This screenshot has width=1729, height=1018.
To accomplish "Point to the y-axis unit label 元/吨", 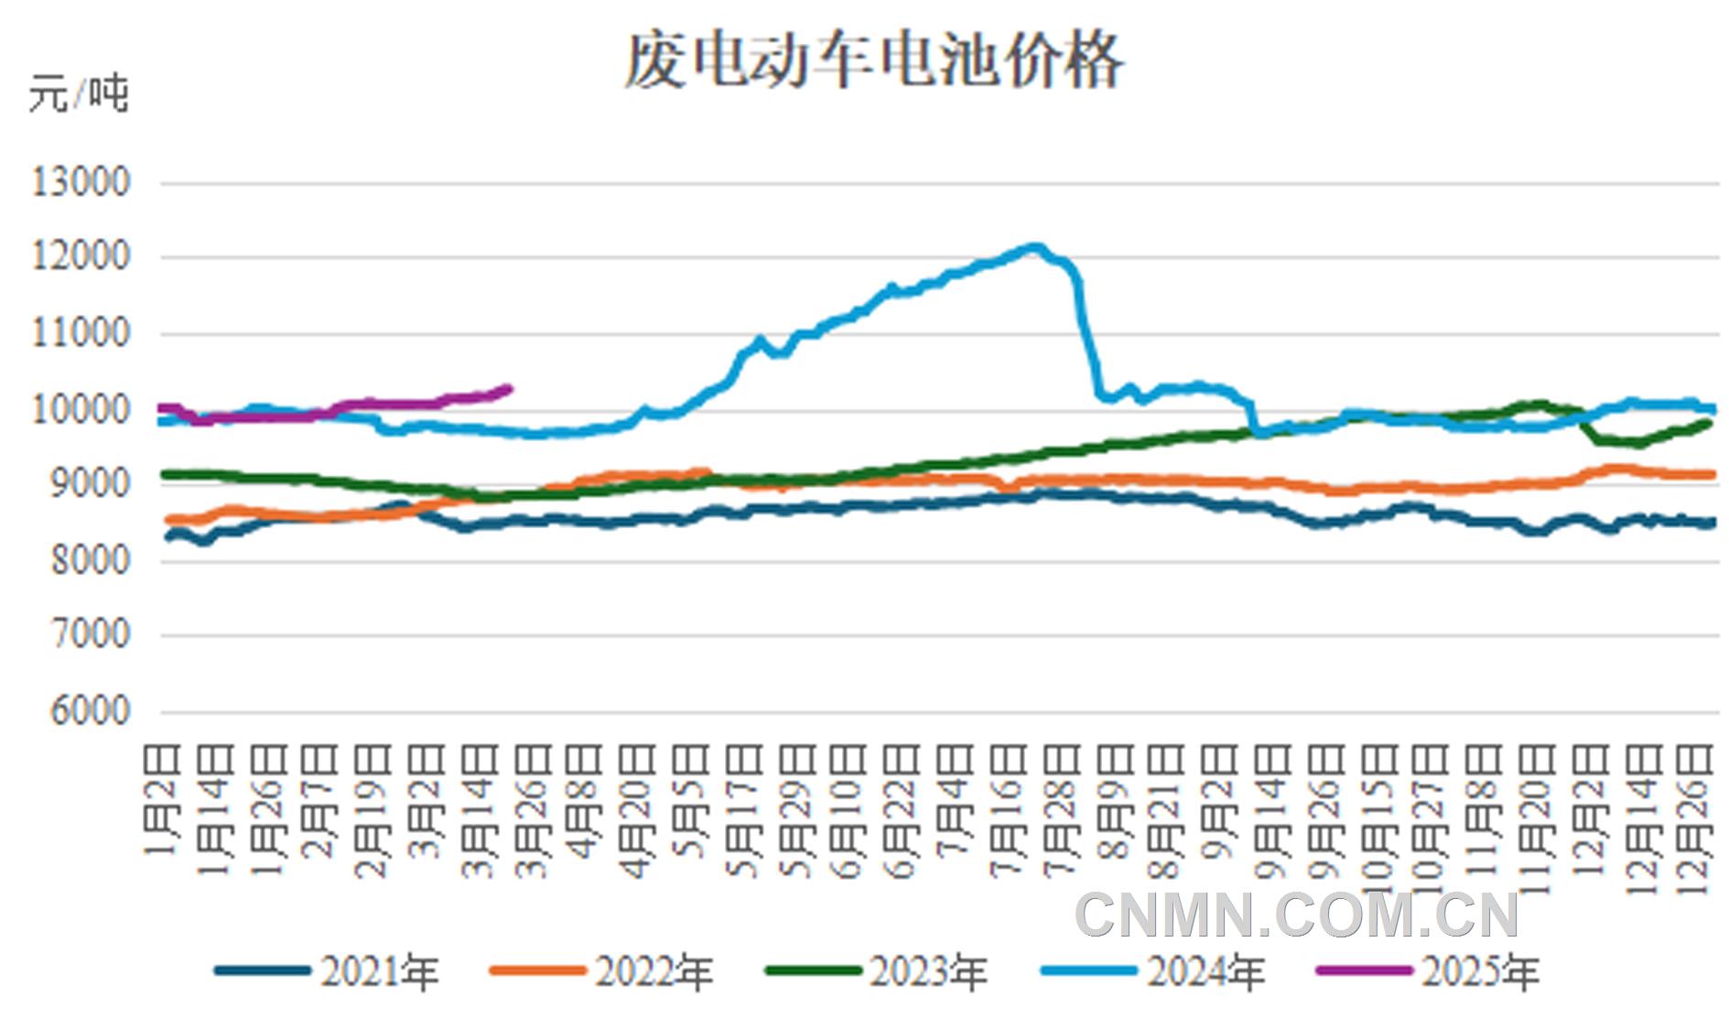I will click(x=79, y=94).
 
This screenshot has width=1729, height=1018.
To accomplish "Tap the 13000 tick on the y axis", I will click(x=81, y=182).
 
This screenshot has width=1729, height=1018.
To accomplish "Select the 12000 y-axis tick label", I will click(x=81, y=256).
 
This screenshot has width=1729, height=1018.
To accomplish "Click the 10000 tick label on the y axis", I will click(x=81, y=409).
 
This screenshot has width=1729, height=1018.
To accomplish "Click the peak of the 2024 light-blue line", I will click(x=1034, y=246).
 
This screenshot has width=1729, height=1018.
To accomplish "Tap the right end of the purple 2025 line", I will click(x=509, y=388).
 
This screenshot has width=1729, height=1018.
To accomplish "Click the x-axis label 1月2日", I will click(x=162, y=800).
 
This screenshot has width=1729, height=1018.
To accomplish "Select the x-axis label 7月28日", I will click(x=1060, y=809).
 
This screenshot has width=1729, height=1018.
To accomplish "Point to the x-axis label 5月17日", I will click(x=744, y=809).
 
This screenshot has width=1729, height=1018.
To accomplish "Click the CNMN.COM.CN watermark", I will click(x=1296, y=915).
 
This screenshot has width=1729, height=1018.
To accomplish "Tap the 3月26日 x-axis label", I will click(x=533, y=809).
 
